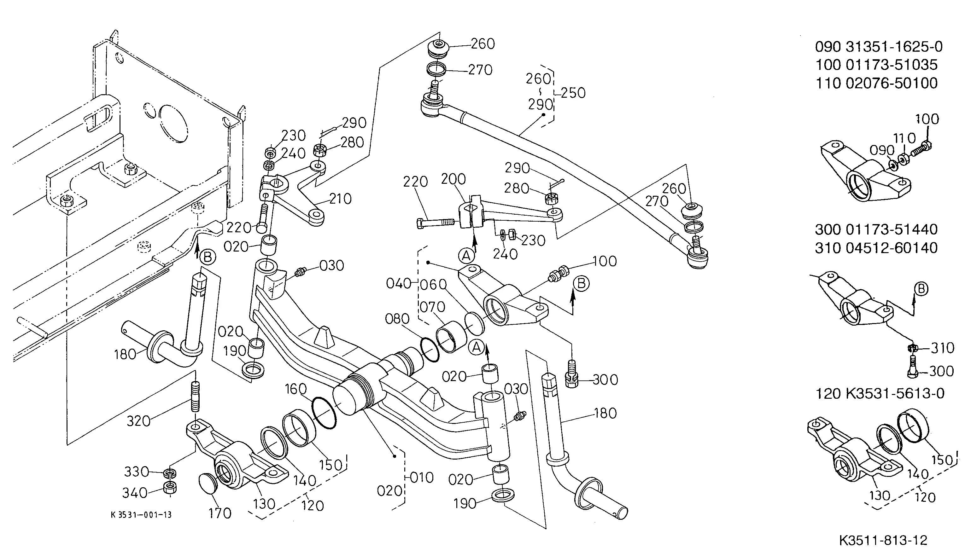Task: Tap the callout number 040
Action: [398, 283]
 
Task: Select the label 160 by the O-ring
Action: [296, 389]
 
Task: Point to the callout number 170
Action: [220, 513]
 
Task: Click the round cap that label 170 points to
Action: [208, 484]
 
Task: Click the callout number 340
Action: [135, 493]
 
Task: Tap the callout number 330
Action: [136, 472]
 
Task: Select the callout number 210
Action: [340, 199]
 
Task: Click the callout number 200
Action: [453, 179]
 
